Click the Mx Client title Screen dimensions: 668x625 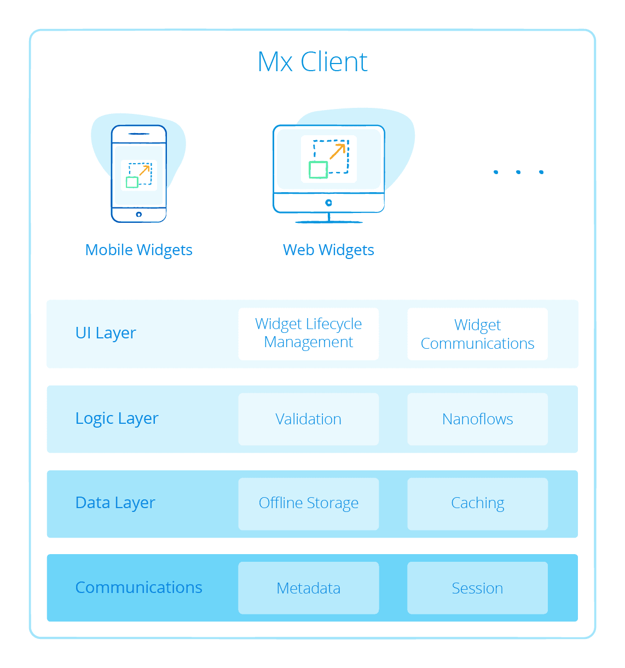(312, 62)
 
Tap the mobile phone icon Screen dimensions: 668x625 (139, 174)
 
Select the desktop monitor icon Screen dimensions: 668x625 (328, 172)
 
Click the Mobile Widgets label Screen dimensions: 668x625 (139, 250)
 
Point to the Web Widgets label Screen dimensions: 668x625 (328, 250)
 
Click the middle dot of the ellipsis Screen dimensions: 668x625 (518, 172)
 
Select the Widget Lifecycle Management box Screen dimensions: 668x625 (309, 333)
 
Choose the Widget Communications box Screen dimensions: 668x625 (477, 334)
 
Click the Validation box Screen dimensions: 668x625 (309, 419)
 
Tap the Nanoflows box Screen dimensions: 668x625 (477, 419)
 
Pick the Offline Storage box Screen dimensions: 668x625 (309, 503)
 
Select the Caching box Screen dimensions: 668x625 (477, 503)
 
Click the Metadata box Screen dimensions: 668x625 (309, 588)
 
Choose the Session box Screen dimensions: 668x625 (477, 588)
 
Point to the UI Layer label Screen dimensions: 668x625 (106, 333)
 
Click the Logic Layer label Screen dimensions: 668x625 (117, 418)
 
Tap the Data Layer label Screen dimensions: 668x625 (115, 503)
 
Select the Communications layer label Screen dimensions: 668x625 (139, 588)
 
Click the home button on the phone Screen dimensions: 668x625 (139, 214)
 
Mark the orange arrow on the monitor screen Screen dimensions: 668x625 (338, 151)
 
